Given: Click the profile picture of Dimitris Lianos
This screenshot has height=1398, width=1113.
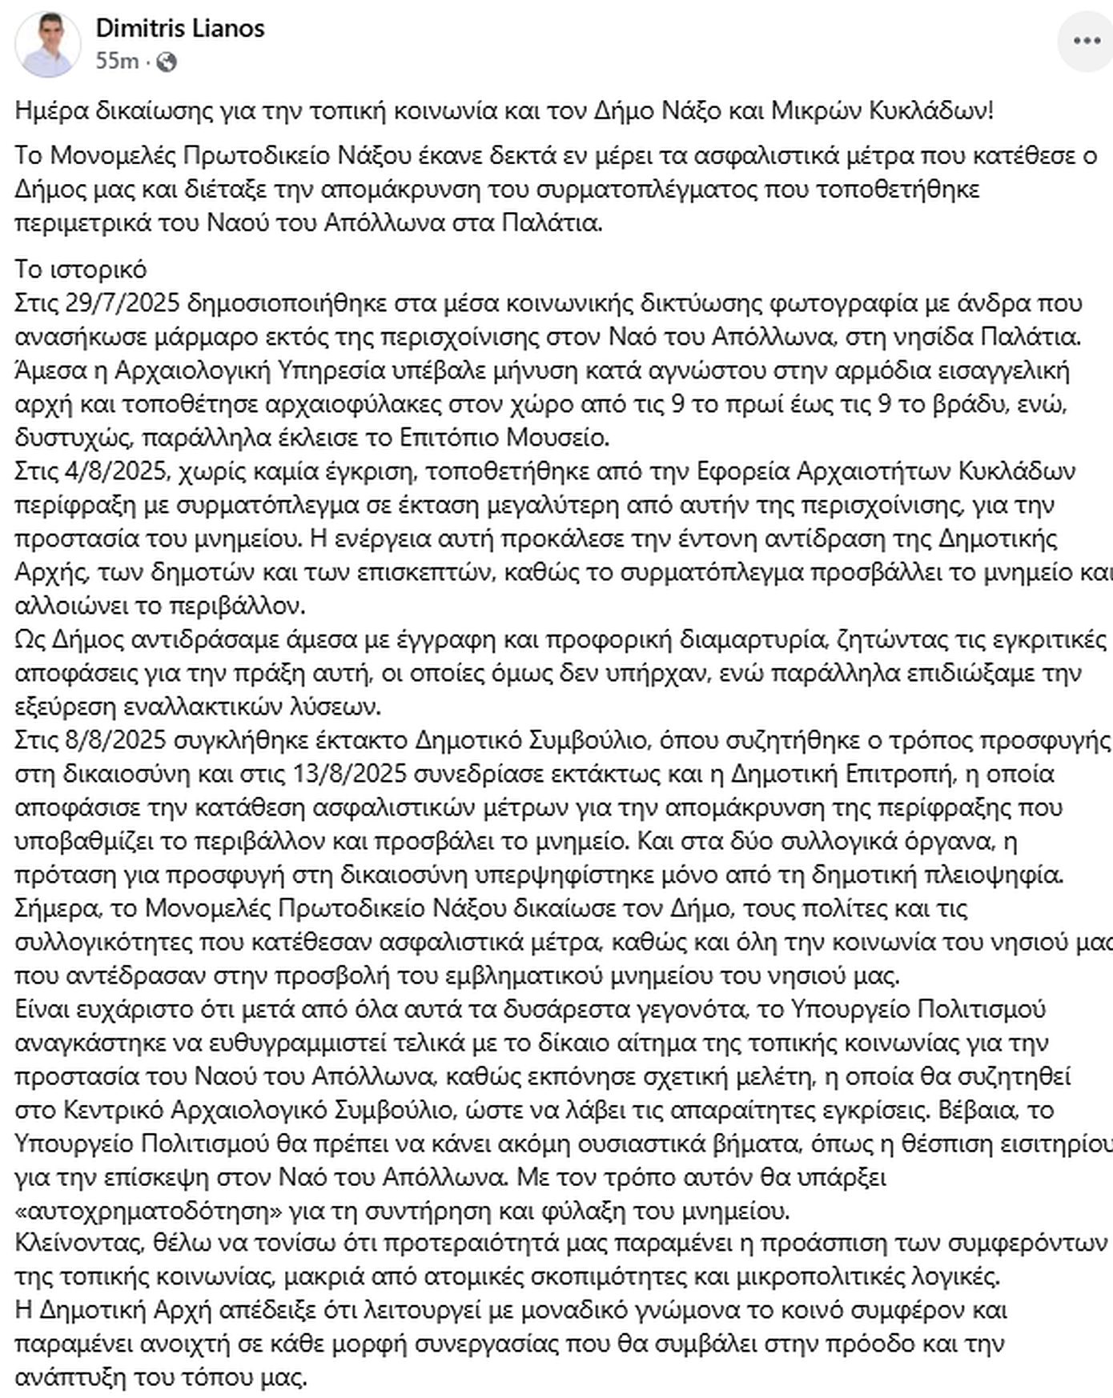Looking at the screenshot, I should point(47,45).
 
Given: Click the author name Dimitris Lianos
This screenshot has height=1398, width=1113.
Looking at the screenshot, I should point(180,29).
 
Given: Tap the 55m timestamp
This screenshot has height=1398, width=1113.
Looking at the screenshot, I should point(117,62).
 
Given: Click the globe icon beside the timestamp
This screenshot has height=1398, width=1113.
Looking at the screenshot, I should point(167,62).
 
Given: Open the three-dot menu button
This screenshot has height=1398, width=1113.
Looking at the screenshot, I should point(1086,41).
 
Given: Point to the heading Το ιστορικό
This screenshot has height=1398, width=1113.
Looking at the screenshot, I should point(81,270).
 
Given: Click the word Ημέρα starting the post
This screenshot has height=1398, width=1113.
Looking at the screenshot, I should point(51,110).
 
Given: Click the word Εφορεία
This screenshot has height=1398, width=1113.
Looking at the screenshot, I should point(745,471).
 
